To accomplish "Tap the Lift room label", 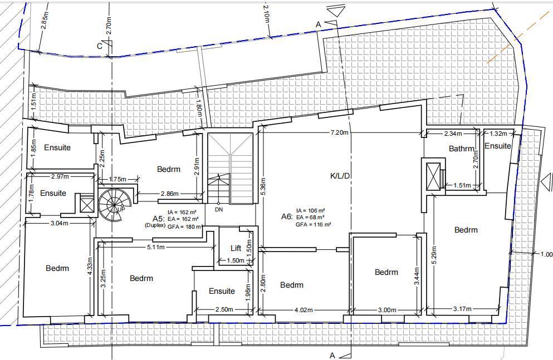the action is pos(236,248).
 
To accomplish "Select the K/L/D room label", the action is pos(340,176).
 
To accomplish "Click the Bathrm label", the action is pos(462,149).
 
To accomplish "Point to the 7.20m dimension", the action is pos(339,133).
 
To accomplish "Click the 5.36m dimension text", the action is pos(263,187).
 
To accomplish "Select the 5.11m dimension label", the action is pos(155,247).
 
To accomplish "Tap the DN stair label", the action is pos(219,210).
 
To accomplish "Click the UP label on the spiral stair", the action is pos(121,209).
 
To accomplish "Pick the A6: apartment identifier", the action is pos(287,216).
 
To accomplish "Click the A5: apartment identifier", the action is pos(159,218).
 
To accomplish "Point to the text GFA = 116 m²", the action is pos(313,224).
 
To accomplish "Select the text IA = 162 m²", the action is pos(182,212).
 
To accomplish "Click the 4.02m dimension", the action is pos(304,310).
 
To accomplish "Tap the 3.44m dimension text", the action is pos(417,276).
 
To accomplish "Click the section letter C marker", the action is pos(100,46).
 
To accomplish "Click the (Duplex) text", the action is pos(155,225).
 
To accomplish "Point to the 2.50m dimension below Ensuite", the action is pos(224,309).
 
